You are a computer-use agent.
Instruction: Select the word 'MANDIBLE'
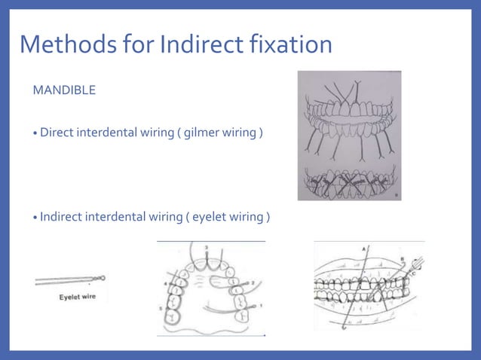[x=64, y=91]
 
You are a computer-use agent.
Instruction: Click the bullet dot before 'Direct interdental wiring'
[x=35, y=134]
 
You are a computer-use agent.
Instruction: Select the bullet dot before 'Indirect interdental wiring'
[x=35, y=218]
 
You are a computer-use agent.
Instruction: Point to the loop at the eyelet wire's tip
[x=102, y=278]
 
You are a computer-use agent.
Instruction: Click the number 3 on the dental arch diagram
[x=205, y=246]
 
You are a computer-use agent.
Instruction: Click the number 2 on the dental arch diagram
[x=254, y=280]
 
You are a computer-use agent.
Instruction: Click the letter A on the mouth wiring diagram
[x=365, y=248]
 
